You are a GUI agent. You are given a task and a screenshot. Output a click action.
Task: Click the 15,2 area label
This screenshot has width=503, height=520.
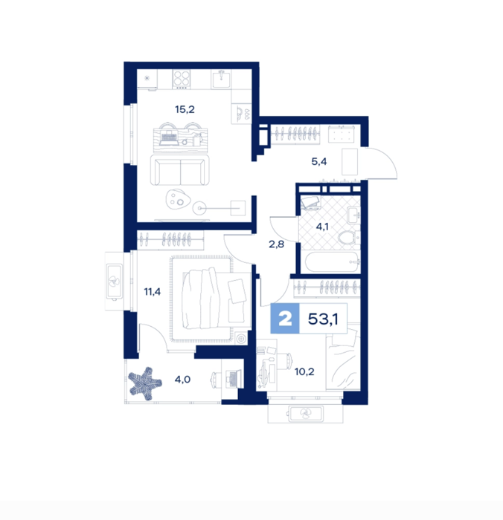[185, 109]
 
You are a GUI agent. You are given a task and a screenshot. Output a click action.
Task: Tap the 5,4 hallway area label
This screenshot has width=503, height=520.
[319, 161]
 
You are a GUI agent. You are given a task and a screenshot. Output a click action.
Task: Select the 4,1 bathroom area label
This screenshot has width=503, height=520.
[322, 227]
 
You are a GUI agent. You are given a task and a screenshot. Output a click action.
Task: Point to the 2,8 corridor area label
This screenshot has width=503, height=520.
[276, 244]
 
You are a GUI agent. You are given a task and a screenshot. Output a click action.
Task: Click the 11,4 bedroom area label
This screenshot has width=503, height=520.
[152, 292]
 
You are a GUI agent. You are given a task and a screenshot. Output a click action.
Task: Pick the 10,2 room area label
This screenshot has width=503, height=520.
[304, 371]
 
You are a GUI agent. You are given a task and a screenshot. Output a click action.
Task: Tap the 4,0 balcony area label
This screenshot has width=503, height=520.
[183, 379]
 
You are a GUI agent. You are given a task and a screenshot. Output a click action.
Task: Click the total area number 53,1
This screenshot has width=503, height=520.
[323, 319]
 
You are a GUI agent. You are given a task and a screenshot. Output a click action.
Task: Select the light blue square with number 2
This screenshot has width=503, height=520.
[285, 319]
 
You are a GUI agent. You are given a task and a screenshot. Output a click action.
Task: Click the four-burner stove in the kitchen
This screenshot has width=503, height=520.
[182, 79]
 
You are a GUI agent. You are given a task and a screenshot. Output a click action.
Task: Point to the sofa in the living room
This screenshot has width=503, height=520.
[180, 170]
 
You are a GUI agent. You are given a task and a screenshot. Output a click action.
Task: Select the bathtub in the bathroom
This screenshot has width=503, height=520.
[332, 262]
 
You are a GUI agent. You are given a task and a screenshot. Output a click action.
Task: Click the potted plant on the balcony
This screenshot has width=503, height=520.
[145, 383]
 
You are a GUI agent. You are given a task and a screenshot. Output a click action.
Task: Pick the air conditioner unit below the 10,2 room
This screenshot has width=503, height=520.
[306, 414]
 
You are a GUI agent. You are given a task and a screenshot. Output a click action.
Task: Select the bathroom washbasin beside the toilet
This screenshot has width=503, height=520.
[353, 215]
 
